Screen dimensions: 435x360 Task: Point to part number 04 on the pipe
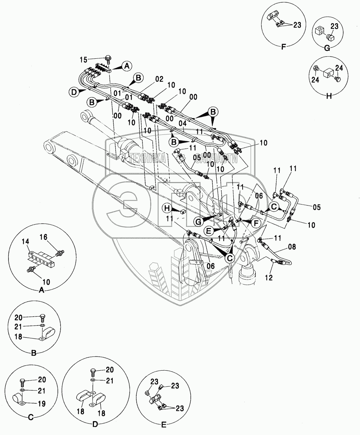[x=182, y=123]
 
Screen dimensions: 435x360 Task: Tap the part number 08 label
[x=292, y=246]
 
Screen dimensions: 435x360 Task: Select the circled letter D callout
[x=73, y=92]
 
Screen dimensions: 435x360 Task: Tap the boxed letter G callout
[x=199, y=222]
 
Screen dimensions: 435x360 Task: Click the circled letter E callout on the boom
[x=209, y=230]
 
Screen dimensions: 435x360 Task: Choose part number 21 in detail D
[x=110, y=381]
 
